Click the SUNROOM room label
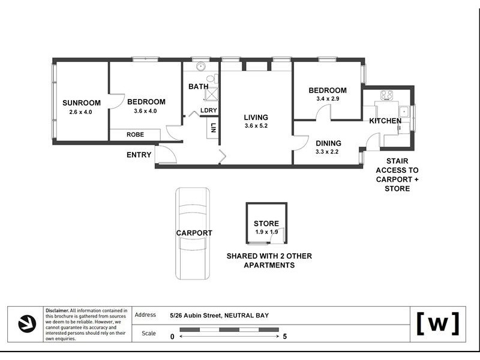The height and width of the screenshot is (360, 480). [82, 103]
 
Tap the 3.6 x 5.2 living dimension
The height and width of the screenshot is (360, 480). [256, 125]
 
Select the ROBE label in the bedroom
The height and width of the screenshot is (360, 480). [136, 134]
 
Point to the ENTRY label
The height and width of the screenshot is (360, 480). [139, 155]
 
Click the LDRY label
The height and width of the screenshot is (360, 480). [209, 110]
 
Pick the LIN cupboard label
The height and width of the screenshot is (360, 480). [213, 128]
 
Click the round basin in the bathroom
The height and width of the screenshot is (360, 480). [200, 66]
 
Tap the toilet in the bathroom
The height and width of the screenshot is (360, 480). [212, 79]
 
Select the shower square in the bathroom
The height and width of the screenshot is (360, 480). [212, 94]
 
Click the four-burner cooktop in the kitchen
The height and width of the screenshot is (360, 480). [387, 95]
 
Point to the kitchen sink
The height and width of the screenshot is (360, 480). [404, 112]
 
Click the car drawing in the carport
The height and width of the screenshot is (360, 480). [193, 233]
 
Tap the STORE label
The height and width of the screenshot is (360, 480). [266, 223]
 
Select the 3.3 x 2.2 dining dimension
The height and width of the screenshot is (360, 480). [327, 152]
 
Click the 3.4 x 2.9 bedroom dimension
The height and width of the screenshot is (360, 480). [328, 98]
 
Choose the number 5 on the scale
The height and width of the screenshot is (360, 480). [284, 337]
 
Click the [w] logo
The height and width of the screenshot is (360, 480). [438, 323]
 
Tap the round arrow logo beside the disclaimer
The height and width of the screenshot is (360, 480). [27, 324]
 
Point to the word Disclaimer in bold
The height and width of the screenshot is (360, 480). [57, 310]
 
